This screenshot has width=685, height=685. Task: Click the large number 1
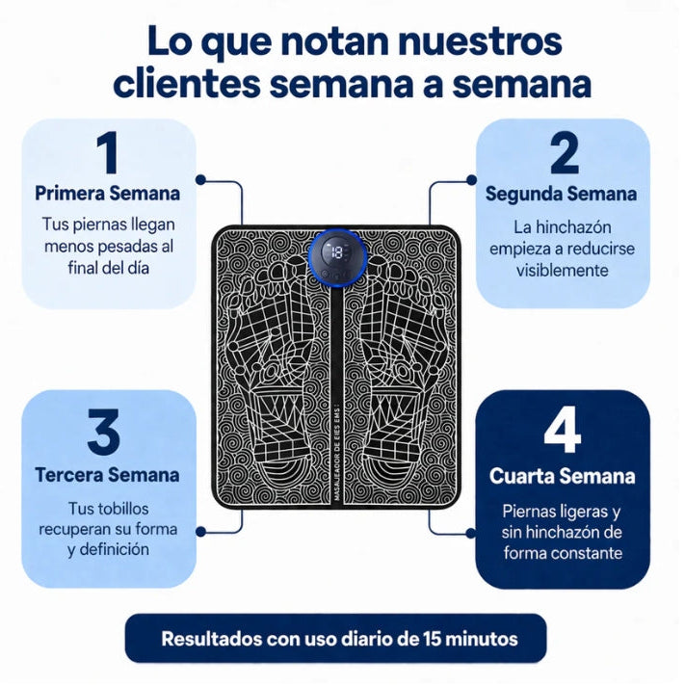pyautogui.click(x=108, y=152)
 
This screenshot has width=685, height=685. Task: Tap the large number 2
pyautogui.click(x=565, y=153)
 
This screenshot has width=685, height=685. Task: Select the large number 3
pyautogui.click(x=103, y=432)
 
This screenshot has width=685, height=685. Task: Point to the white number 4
pyautogui.click(x=563, y=432)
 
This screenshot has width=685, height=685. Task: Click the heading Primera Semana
pyautogui.click(x=108, y=194)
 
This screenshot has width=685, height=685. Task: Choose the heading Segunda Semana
pyautogui.click(x=562, y=194)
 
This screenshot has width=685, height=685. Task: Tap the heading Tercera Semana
pyautogui.click(x=108, y=475)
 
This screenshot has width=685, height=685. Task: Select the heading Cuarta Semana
pyautogui.click(x=563, y=476)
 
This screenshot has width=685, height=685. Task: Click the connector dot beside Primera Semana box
pyautogui.click(x=200, y=179)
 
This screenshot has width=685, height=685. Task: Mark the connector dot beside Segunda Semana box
pyautogui.click(x=471, y=179)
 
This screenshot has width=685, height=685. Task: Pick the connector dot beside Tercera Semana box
pyautogui.click(x=200, y=532)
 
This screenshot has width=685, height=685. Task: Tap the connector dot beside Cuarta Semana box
pyautogui.click(x=471, y=533)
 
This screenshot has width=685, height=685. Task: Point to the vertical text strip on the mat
pyautogui.click(x=336, y=449)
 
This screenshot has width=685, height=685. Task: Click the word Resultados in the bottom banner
pyautogui.click(x=211, y=639)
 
